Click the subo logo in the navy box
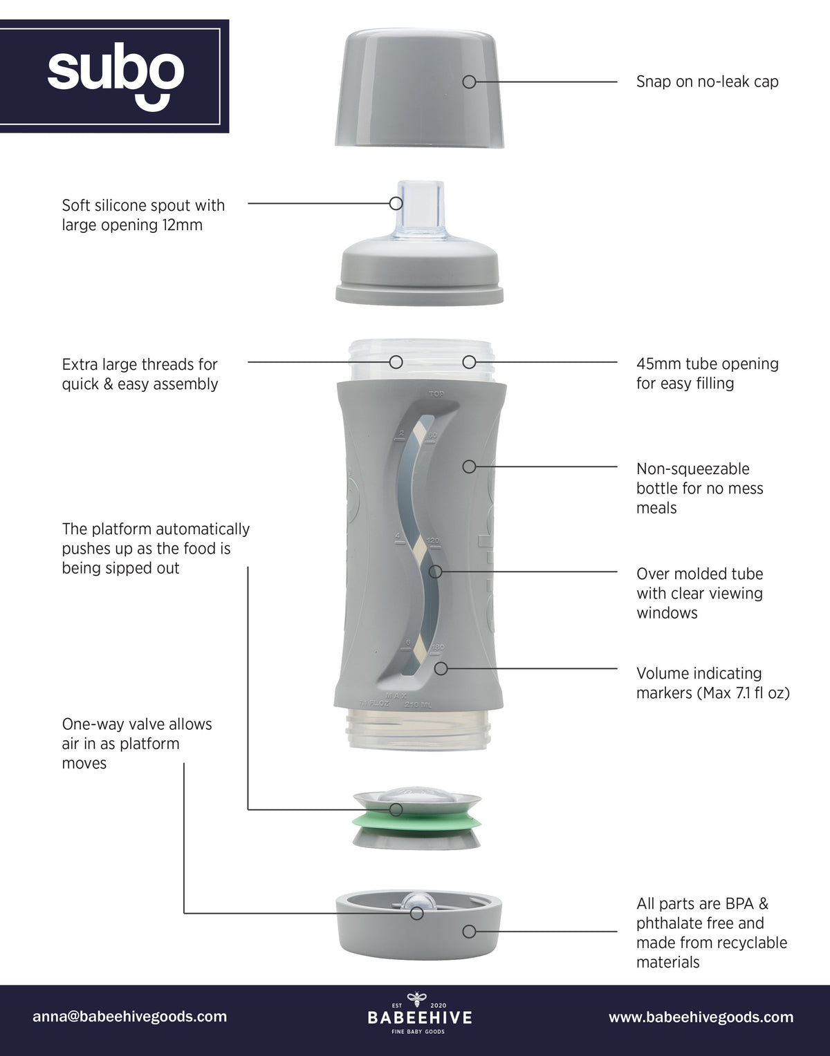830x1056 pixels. tap(116, 76)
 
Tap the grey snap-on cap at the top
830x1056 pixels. tap(419, 88)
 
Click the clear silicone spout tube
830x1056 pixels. tap(420, 209)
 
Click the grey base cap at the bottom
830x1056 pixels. tap(418, 924)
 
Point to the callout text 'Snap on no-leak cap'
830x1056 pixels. tap(707, 82)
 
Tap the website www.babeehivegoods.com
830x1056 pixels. tap(701, 1017)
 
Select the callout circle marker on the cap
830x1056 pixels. tap(469, 82)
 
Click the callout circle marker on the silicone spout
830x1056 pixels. tap(396, 203)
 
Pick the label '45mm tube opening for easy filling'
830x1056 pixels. tap(708, 373)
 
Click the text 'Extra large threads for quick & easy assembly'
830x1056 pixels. tap(140, 374)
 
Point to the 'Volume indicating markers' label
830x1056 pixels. tap(713, 683)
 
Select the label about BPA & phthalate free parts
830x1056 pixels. tap(711, 932)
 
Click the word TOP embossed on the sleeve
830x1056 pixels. tap(436, 394)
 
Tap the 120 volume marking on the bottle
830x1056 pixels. tap(433, 540)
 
